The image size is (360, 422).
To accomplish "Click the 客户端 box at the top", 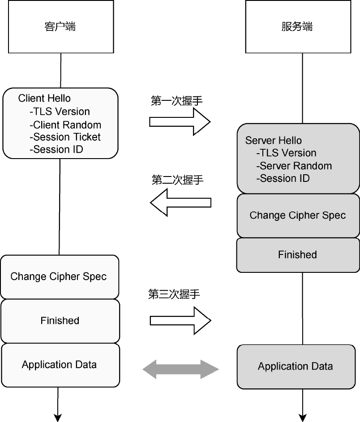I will (60, 26).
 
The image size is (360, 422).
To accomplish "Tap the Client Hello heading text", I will (44, 99).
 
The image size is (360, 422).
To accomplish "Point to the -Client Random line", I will (65, 125).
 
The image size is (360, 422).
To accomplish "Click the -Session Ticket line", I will (65, 137).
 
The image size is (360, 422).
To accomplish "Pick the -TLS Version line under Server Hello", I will (287, 153).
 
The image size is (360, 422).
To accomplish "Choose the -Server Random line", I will (294, 166).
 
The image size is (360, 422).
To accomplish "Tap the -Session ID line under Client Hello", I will (56, 150).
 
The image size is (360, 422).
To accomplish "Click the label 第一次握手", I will (177, 101).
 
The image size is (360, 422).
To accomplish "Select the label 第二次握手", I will (177, 180).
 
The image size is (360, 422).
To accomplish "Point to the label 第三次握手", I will (174, 294).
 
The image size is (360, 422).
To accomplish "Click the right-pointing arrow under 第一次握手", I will (180, 121).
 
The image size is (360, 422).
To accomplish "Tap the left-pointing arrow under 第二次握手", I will (180, 203).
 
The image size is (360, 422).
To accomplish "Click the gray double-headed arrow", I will (180, 369).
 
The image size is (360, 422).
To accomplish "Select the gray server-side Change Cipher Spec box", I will (298, 215).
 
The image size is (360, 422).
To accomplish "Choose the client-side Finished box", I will (60, 321).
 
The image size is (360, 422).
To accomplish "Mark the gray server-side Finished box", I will (298, 255).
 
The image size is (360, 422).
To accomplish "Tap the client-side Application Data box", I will (60, 365).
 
